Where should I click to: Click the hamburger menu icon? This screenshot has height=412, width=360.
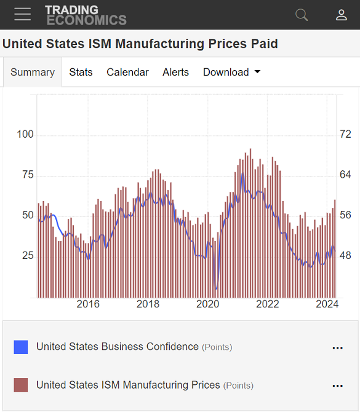pyautogui.click(x=23, y=15)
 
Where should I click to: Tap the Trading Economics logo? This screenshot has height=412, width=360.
pyautogui.click(x=86, y=15)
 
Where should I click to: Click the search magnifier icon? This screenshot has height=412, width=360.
pyautogui.click(x=302, y=15)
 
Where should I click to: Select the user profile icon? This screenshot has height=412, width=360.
pyautogui.click(x=342, y=15)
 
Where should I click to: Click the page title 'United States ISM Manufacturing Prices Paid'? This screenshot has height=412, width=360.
pyautogui.click(x=140, y=44)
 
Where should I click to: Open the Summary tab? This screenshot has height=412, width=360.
pyautogui.click(x=33, y=72)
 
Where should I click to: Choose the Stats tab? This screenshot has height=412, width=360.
pyautogui.click(x=81, y=72)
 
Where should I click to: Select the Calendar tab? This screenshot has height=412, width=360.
pyautogui.click(x=127, y=72)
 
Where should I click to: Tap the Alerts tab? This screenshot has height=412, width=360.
pyautogui.click(x=175, y=72)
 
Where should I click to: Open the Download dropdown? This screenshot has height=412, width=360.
pyautogui.click(x=231, y=72)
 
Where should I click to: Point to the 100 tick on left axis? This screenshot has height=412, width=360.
pyautogui.click(x=25, y=135)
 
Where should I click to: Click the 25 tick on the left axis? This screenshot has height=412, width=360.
pyautogui.click(x=28, y=255)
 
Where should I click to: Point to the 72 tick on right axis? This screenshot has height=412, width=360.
pyautogui.click(x=345, y=135)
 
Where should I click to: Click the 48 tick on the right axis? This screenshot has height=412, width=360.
pyautogui.click(x=345, y=255)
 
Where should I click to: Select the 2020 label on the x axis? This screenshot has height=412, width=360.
pyautogui.click(x=207, y=304)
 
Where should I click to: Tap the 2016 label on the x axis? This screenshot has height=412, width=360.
pyautogui.click(x=88, y=304)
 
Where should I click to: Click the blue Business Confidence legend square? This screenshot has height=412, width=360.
pyautogui.click(x=21, y=347)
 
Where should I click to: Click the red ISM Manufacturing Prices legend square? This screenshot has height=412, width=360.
pyautogui.click(x=21, y=386)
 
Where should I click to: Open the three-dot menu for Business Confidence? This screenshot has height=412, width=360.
pyautogui.click(x=337, y=348)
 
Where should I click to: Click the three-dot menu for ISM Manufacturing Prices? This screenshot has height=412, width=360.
pyautogui.click(x=337, y=386)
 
